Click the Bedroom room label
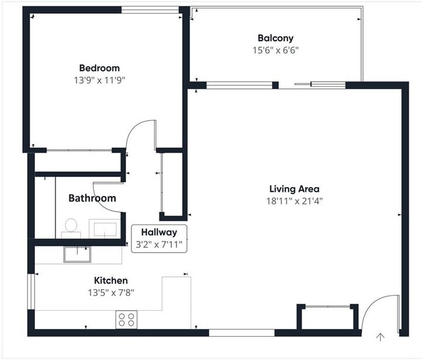[99, 68]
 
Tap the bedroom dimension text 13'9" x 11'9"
[99, 79]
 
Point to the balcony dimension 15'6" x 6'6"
[275, 50]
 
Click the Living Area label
[294, 189]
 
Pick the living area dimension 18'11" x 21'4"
[294, 201]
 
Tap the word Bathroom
[92, 198]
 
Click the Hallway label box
[159, 238]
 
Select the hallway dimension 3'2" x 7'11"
[159, 244]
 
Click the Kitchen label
[111, 281]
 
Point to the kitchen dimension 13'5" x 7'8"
[111, 292]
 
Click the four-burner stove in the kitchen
[127, 320]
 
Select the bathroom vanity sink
[105, 229]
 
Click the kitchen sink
[78, 254]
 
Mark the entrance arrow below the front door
[380, 337]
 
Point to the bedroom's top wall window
[149, 9]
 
